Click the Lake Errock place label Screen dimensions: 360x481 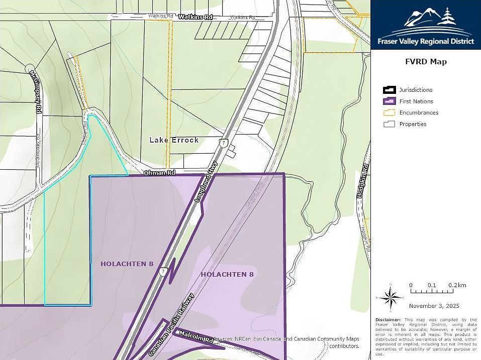174,140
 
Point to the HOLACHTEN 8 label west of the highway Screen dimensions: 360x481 127,264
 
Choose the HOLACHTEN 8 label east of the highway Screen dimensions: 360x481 227,274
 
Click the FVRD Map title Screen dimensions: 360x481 426,62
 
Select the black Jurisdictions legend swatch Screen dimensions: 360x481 389,90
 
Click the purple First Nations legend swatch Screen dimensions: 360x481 389,101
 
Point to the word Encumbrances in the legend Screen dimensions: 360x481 419,112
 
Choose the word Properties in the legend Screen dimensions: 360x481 413,124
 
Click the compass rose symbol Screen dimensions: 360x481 390,297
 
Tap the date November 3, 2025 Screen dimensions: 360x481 434,306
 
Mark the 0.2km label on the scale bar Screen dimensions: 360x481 457,285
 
